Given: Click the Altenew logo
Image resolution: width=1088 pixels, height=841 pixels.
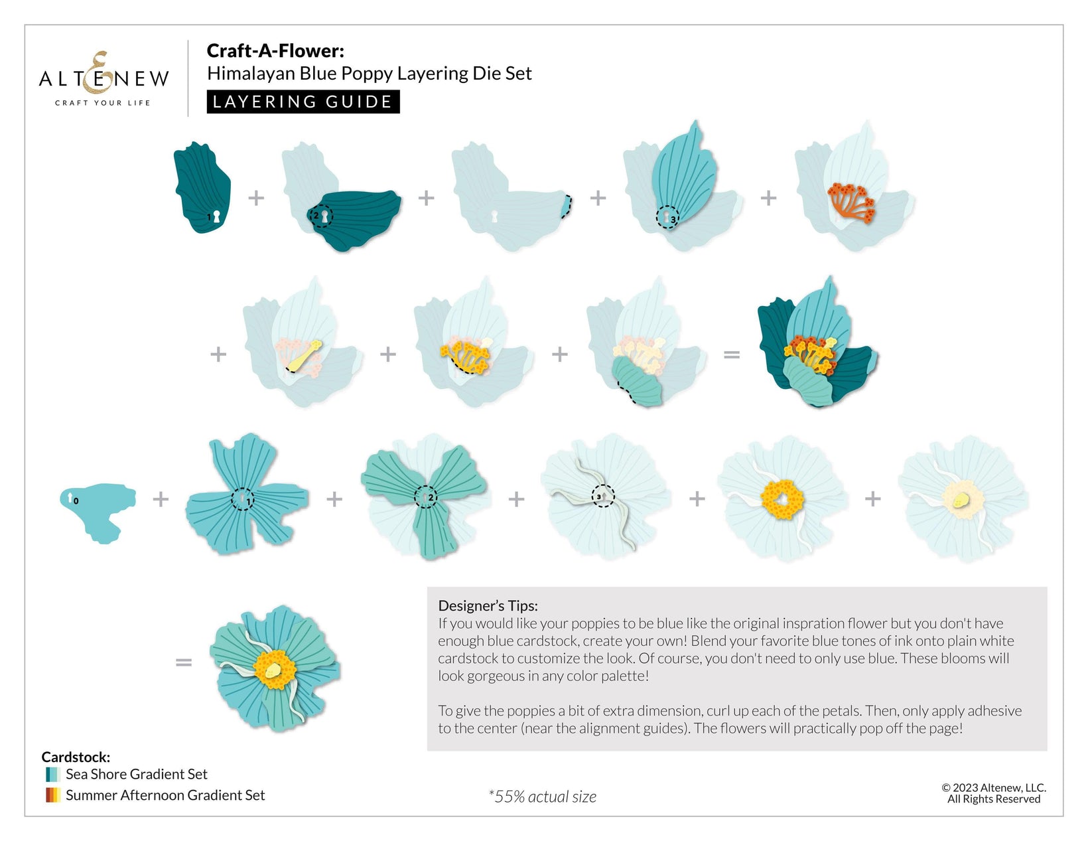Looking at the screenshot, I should click(103, 79).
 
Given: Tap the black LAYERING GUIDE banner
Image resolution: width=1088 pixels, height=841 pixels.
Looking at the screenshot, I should click(303, 102).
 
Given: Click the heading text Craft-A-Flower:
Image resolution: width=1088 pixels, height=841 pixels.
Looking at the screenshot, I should click(275, 50).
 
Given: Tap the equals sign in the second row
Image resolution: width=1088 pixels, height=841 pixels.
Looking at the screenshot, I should click(731, 355).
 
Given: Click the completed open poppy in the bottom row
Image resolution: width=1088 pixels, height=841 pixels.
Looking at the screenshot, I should click(275, 667).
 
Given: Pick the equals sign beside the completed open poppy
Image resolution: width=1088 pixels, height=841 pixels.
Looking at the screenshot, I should click(184, 662).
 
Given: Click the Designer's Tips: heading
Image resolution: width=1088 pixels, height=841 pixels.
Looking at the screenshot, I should click(488, 605).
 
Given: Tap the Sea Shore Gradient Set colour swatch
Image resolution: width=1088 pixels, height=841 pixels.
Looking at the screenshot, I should click(53, 774).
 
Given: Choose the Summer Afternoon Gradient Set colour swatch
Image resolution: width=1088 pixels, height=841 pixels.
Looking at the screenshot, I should click(53, 795).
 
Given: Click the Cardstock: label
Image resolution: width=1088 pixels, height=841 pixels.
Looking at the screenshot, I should click(76, 757).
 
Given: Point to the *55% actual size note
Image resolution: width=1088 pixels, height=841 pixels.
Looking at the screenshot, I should click(542, 797).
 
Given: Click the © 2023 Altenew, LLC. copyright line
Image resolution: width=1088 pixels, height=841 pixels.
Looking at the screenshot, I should click(993, 788).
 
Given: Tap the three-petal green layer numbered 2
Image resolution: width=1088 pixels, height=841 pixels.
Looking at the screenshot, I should click(425, 495).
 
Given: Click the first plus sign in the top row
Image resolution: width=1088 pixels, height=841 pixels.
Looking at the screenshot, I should click(256, 197).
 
